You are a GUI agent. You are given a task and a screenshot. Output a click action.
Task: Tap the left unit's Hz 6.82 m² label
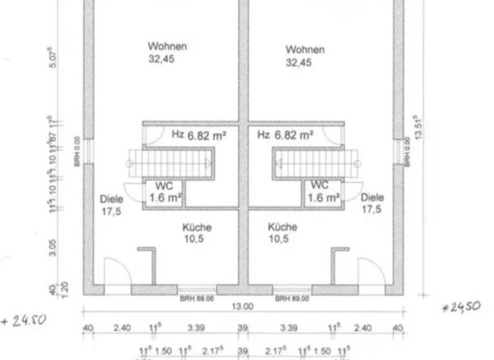[x=197, y=135]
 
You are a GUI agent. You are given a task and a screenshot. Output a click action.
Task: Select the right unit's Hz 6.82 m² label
[x=285, y=135]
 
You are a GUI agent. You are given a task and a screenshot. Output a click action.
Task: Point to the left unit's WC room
[x=165, y=193]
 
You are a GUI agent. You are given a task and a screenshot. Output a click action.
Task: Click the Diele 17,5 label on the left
[x=112, y=204]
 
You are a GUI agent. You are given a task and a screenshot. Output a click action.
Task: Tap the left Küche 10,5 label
[x=197, y=233]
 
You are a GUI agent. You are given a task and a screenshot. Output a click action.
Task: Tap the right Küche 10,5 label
[x=282, y=233]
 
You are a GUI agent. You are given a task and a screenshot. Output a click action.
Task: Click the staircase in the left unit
[x=171, y=163]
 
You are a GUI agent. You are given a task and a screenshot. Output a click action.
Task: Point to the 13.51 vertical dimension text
[x=419, y=126]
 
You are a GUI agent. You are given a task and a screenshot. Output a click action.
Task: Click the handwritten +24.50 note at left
[x=24, y=319]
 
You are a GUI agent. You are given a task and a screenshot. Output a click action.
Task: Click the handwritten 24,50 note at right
[x=461, y=307]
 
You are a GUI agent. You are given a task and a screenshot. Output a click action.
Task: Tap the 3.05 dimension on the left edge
[x=52, y=248]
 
